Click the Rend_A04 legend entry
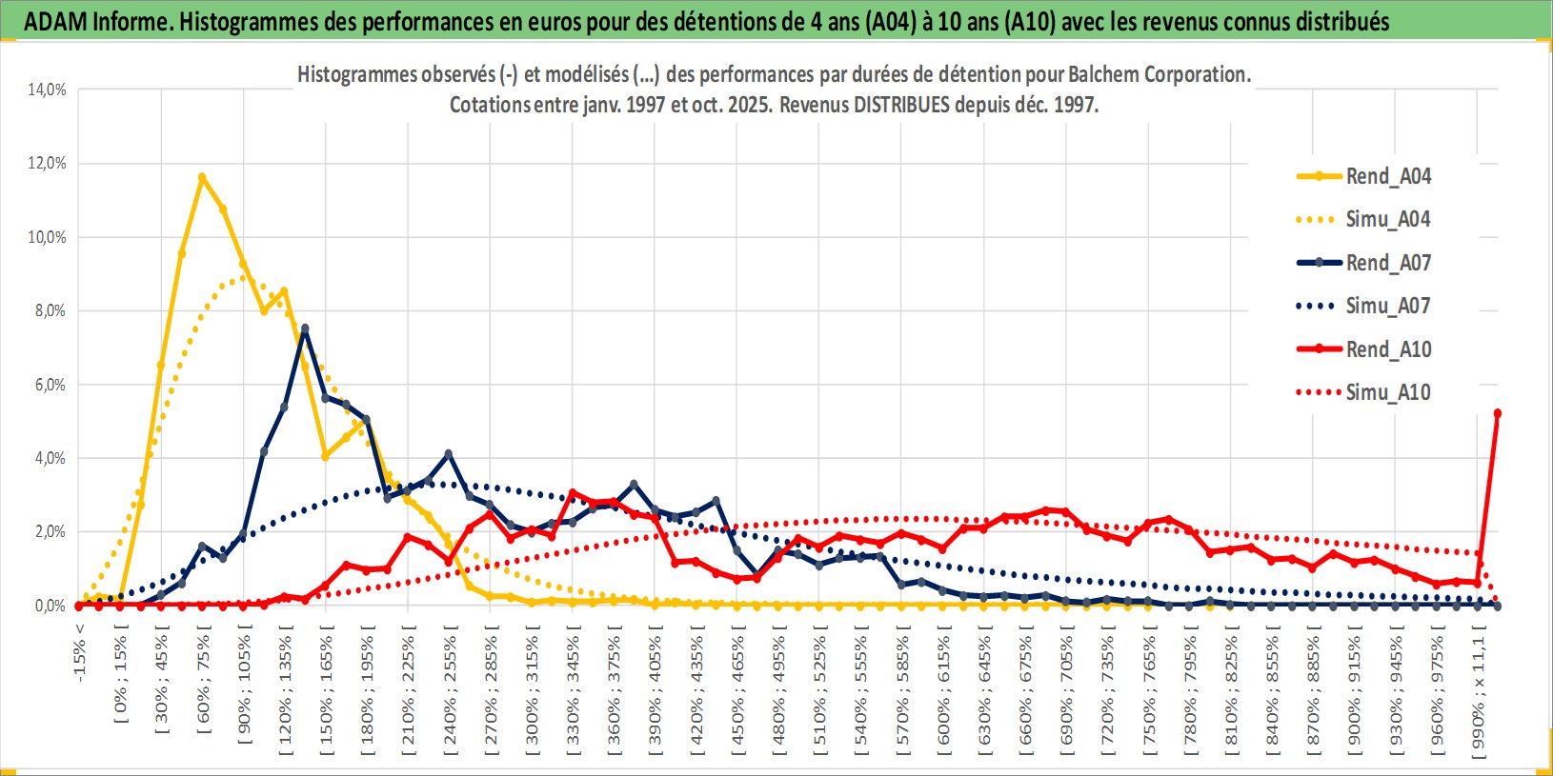click(1387, 176)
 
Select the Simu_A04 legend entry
click(1387, 219)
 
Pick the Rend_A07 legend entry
click(1387, 263)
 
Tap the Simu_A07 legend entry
click(1387, 306)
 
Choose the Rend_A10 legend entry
click(1387, 349)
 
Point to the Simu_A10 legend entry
click(1387, 392)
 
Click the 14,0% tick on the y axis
click(47, 90)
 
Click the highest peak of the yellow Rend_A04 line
click(202, 177)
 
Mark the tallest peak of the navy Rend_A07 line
click(305, 328)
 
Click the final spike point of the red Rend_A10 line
click(1498, 413)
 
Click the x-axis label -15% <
click(80, 651)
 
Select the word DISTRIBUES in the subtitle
click(901, 105)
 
